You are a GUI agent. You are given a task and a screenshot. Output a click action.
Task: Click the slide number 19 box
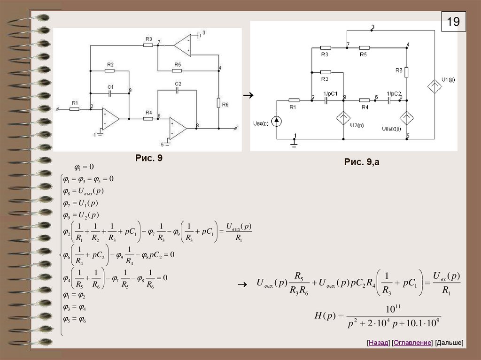[453, 22]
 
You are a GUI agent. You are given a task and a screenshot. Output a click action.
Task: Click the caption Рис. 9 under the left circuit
[148, 159]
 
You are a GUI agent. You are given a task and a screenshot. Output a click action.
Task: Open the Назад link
[379, 343]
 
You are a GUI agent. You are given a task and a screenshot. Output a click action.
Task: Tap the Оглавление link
[412, 343]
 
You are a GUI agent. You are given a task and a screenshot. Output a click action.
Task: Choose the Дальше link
[449, 343]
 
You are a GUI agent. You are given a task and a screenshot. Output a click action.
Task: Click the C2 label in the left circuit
[178, 84]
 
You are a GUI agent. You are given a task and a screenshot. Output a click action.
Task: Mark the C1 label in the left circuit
[110, 87]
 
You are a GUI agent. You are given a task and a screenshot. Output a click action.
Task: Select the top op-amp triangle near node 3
[182, 46]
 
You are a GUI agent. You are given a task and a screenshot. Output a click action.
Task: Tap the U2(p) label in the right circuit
[357, 124]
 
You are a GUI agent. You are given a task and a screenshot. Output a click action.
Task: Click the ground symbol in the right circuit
[295, 145]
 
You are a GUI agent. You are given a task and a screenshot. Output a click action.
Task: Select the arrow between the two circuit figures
[248, 95]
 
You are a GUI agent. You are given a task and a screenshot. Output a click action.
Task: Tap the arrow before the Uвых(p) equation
[242, 284]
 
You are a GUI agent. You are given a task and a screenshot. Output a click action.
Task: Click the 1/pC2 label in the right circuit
[394, 93]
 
